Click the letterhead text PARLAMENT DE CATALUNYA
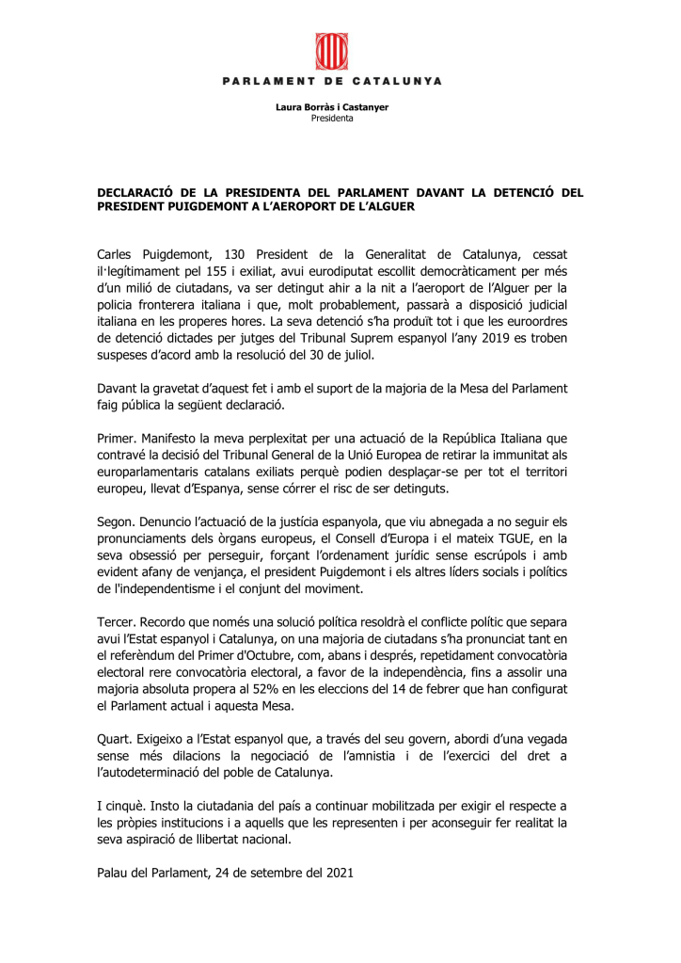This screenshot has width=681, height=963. click(x=332, y=81)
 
